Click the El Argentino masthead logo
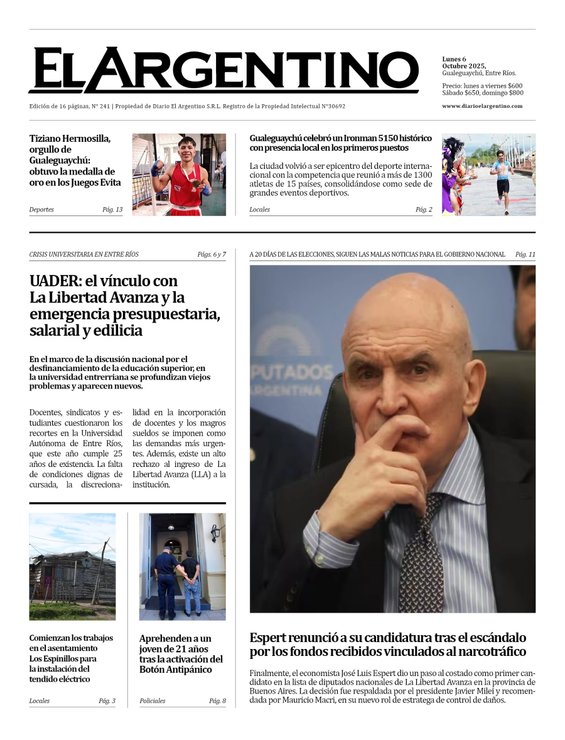pos(223,70)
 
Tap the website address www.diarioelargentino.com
pos(482,106)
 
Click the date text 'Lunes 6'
pos(454,59)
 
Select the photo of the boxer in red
pos(179,174)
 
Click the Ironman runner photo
pos(488,174)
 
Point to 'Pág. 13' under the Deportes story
pos(112,210)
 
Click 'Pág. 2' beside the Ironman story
pos(424,210)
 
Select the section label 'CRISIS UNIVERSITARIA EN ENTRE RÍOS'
pos(84,255)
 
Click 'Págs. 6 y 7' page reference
pos(211,255)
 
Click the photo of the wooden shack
pos(72,567)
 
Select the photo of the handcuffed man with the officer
pos(182,567)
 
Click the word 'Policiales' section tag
pos(153,701)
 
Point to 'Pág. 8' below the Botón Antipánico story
pos(217,701)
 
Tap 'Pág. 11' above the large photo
pos(525,255)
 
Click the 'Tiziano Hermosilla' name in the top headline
pos(70,139)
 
